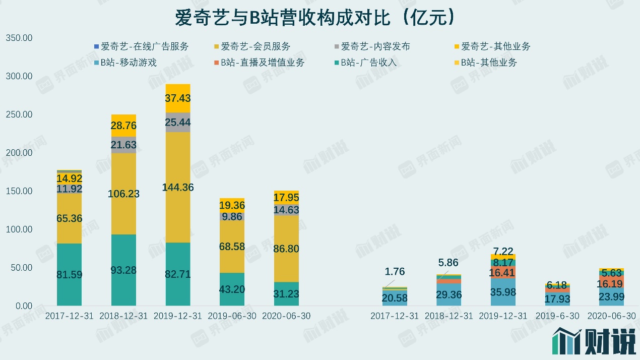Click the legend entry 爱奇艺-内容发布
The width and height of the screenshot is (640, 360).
375,46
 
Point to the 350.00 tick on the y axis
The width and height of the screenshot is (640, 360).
19,38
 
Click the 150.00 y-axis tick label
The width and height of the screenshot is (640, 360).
19,191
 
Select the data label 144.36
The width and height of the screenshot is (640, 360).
178,187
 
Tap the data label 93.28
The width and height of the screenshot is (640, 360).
123,270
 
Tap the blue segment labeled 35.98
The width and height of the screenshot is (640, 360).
503,292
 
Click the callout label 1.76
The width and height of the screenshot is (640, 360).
395,272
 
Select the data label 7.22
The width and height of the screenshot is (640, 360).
503,251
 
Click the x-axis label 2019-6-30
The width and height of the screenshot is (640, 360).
557,316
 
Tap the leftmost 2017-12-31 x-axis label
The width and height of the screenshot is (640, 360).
69,316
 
